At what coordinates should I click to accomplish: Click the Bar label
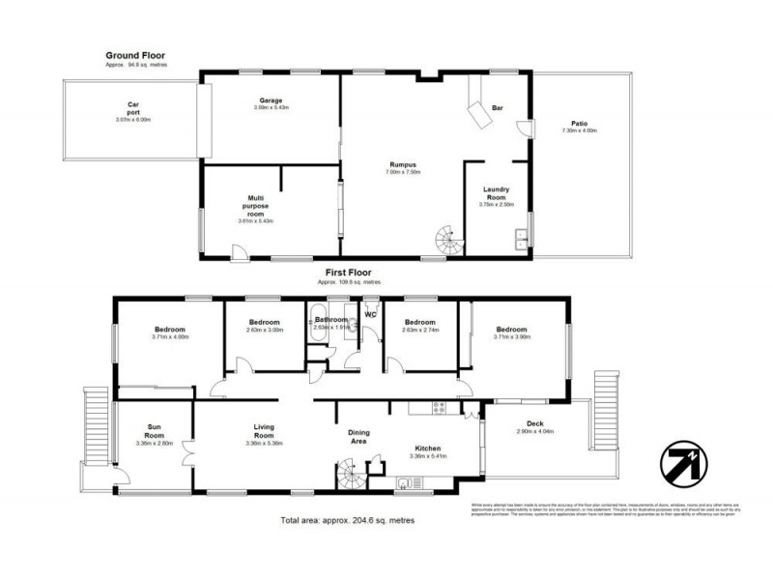tap(499, 107)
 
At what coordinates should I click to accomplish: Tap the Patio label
tap(580, 124)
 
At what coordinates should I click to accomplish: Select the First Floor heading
tap(350, 273)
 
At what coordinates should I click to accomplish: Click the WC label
tap(370, 313)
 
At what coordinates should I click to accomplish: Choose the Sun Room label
tap(155, 429)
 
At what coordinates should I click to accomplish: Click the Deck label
tap(534, 422)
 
